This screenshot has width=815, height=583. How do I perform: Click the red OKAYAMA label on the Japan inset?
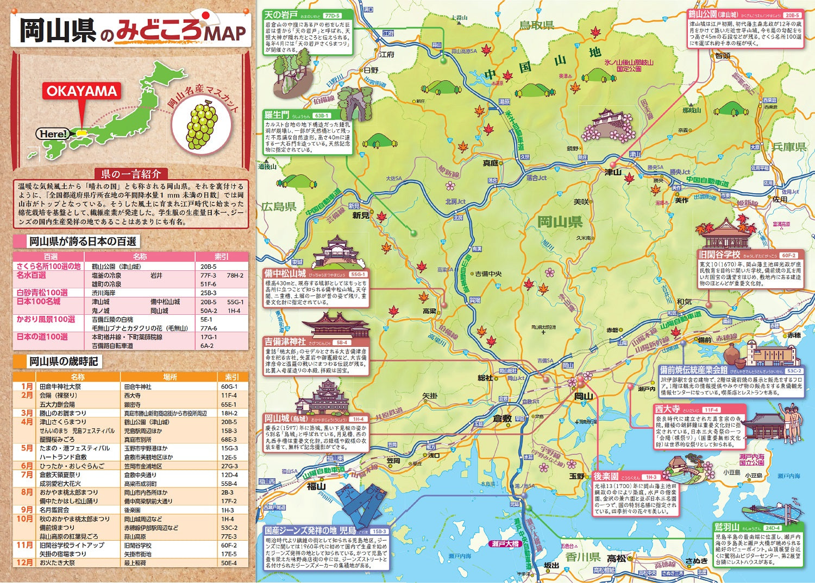[x=81, y=91]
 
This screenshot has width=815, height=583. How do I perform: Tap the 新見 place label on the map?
[x=361, y=215]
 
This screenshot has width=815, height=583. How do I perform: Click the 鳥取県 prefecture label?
[x=536, y=25]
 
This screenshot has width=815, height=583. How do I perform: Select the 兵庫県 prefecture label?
[x=789, y=147]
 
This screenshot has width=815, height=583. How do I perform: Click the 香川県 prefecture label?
[x=582, y=557]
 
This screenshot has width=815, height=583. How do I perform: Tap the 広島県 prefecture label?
[x=279, y=206]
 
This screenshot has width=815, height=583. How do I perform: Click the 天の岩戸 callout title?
[x=281, y=15]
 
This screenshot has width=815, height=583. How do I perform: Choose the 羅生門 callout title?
[x=277, y=115]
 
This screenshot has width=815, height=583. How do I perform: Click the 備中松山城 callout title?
[x=285, y=273]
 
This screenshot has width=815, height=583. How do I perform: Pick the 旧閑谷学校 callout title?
[x=720, y=254]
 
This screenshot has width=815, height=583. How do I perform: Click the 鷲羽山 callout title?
[x=726, y=527]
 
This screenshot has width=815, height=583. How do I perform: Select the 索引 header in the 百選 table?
[x=222, y=256]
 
